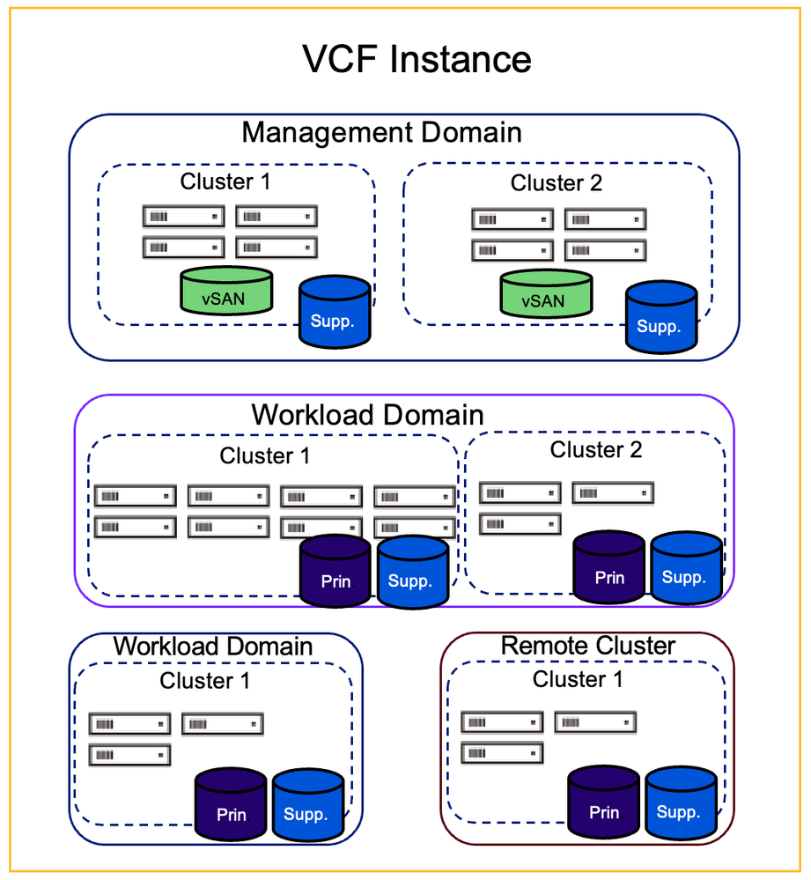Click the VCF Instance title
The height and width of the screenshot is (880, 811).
[417, 60]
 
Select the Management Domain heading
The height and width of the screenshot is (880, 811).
[381, 132]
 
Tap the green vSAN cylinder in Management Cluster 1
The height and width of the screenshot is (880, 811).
[226, 293]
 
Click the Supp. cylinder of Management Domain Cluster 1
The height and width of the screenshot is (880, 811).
[334, 312]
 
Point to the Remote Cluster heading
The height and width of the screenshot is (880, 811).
[587, 646]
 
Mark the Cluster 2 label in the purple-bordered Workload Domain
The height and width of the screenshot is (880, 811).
[595, 449]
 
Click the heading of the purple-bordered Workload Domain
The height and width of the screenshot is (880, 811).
[367, 414]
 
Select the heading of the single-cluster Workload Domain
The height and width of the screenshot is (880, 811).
[212, 646]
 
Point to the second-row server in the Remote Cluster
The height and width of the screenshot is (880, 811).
[502, 754]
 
